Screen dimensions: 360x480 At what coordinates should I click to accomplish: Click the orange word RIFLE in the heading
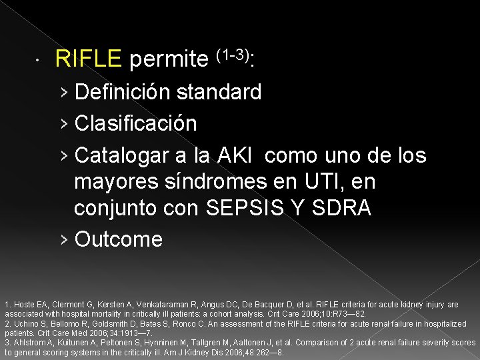[x=89, y=61]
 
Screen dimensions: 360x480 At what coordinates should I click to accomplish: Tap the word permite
[x=169, y=61]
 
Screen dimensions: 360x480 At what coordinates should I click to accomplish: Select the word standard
[x=226, y=92]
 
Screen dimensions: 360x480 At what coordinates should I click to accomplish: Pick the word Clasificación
[x=136, y=123]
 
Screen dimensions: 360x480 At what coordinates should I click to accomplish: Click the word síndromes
[x=209, y=181]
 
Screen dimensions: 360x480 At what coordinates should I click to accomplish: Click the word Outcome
[x=119, y=239]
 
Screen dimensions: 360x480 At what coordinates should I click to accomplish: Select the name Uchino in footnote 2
[x=23, y=324]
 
